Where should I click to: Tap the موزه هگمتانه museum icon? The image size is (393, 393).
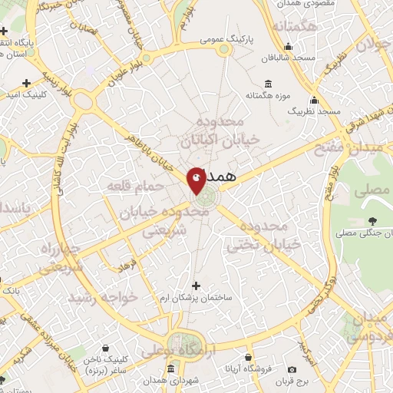(x=267, y=84)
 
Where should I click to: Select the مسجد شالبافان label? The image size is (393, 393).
(x=283, y=58)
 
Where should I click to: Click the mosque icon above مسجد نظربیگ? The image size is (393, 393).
(x=314, y=100)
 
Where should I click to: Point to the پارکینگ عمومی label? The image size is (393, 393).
(x=224, y=37)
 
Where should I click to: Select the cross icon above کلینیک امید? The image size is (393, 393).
(x=27, y=82)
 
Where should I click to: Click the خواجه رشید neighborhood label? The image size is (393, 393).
(x=102, y=296)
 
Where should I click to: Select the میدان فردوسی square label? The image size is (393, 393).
(x=369, y=325)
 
